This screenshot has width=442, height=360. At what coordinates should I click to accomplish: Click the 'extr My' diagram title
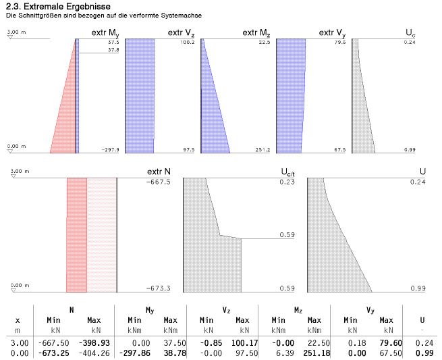(x=105, y=33)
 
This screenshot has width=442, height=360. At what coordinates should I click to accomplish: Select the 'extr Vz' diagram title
(x=181, y=33)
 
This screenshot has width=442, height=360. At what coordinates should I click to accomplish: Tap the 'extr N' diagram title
(x=159, y=173)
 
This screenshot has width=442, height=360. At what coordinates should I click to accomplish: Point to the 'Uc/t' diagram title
(x=287, y=174)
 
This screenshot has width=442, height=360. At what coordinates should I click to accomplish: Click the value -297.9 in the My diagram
(x=109, y=150)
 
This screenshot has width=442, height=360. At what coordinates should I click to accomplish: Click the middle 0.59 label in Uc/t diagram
(x=287, y=235)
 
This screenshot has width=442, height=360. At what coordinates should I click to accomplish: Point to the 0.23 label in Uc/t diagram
(x=287, y=182)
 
